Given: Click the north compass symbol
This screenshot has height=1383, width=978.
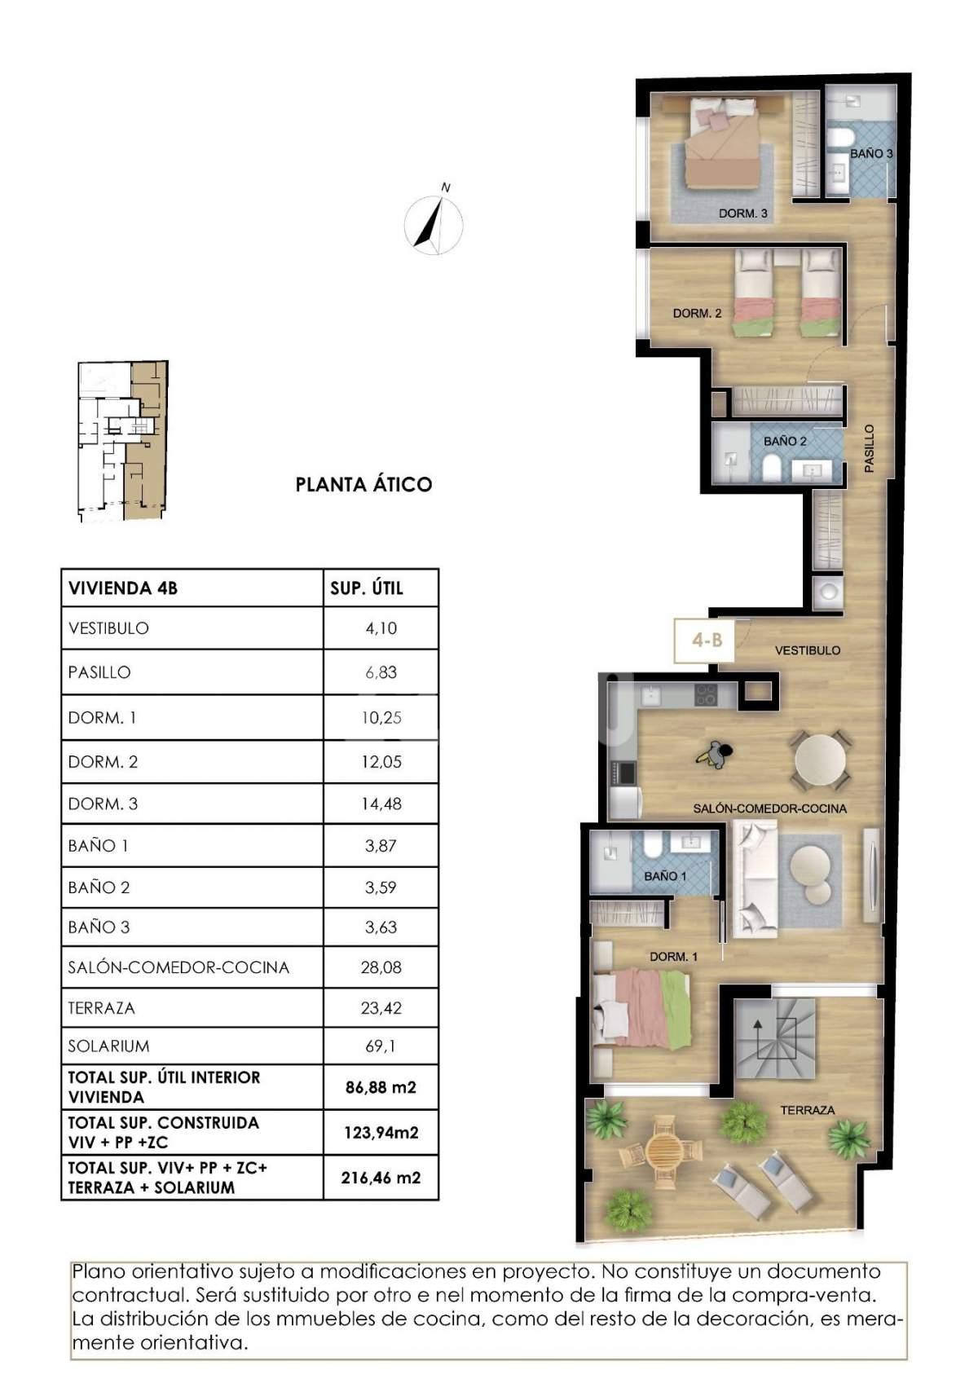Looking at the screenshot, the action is coord(434,220).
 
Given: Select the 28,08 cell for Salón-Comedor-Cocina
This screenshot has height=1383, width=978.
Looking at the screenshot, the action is coord(381,967).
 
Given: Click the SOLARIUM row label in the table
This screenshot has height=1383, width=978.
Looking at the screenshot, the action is coord(108,1046).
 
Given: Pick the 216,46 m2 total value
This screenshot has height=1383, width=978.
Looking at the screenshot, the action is coord(381,1178).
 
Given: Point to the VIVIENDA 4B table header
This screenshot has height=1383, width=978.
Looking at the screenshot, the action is coord(123,588).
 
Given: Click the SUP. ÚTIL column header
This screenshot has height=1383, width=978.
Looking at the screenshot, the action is coord(367,588).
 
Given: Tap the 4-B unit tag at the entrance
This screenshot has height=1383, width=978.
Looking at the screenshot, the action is coord(707,641).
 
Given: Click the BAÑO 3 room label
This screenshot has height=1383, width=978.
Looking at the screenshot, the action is coord(871,153).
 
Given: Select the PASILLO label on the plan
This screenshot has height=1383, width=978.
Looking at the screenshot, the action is coord(870,448).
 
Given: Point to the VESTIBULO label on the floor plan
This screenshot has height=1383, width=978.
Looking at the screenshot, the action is coord(808,650).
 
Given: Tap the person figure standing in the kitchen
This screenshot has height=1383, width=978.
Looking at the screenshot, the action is coord(715,755).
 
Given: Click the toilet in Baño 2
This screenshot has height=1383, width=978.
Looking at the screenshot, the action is coord(773,468).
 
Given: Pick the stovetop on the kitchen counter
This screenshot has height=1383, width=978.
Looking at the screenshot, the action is coord(707,695).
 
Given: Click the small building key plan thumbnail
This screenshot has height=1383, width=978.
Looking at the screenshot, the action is coord(123,441).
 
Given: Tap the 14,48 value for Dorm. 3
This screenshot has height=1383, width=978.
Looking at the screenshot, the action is coord(381,804).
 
